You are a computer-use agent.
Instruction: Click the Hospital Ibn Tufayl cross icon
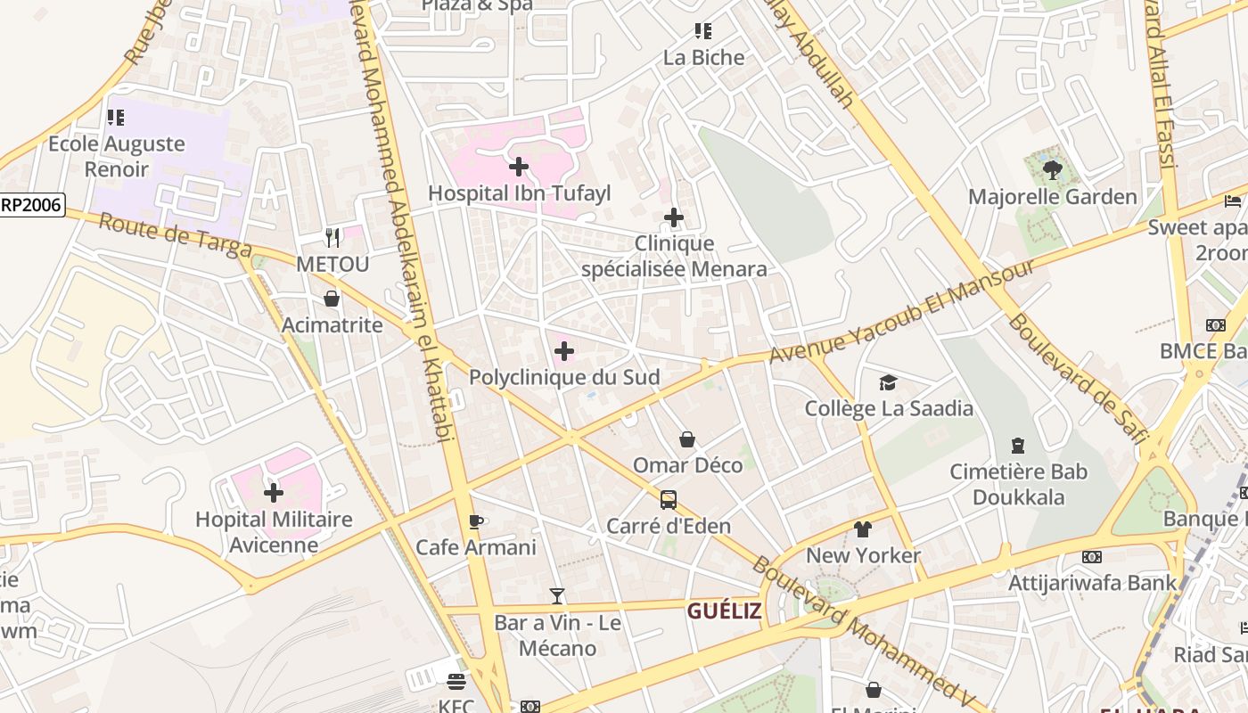[x=519, y=167]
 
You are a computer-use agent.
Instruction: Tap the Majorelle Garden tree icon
[x=1052, y=169]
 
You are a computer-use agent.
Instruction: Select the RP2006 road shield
[x=31, y=205]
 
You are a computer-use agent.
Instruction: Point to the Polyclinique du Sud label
[x=564, y=377]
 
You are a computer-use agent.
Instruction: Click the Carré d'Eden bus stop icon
[x=669, y=499]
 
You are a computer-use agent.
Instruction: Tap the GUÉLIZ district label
[x=724, y=611]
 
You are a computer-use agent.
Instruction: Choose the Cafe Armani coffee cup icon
[x=476, y=521]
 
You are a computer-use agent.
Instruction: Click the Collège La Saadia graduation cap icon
[x=888, y=383]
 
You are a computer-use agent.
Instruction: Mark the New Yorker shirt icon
[x=862, y=529]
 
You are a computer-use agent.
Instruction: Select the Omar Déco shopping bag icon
[x=687, y=439]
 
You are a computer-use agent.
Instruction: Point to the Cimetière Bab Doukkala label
[x=1018, y=484]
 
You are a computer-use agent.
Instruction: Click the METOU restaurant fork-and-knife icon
[x=333, y=237]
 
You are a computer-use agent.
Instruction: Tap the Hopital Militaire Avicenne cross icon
[x=274, y=492]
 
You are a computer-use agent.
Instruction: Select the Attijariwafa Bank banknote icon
[x=1092, y=557]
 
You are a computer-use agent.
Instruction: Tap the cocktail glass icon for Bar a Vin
[x=557, y=596]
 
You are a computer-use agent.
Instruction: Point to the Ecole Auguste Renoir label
[x=117, y=156]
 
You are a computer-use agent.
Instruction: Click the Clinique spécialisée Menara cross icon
[x=674, y=217]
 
